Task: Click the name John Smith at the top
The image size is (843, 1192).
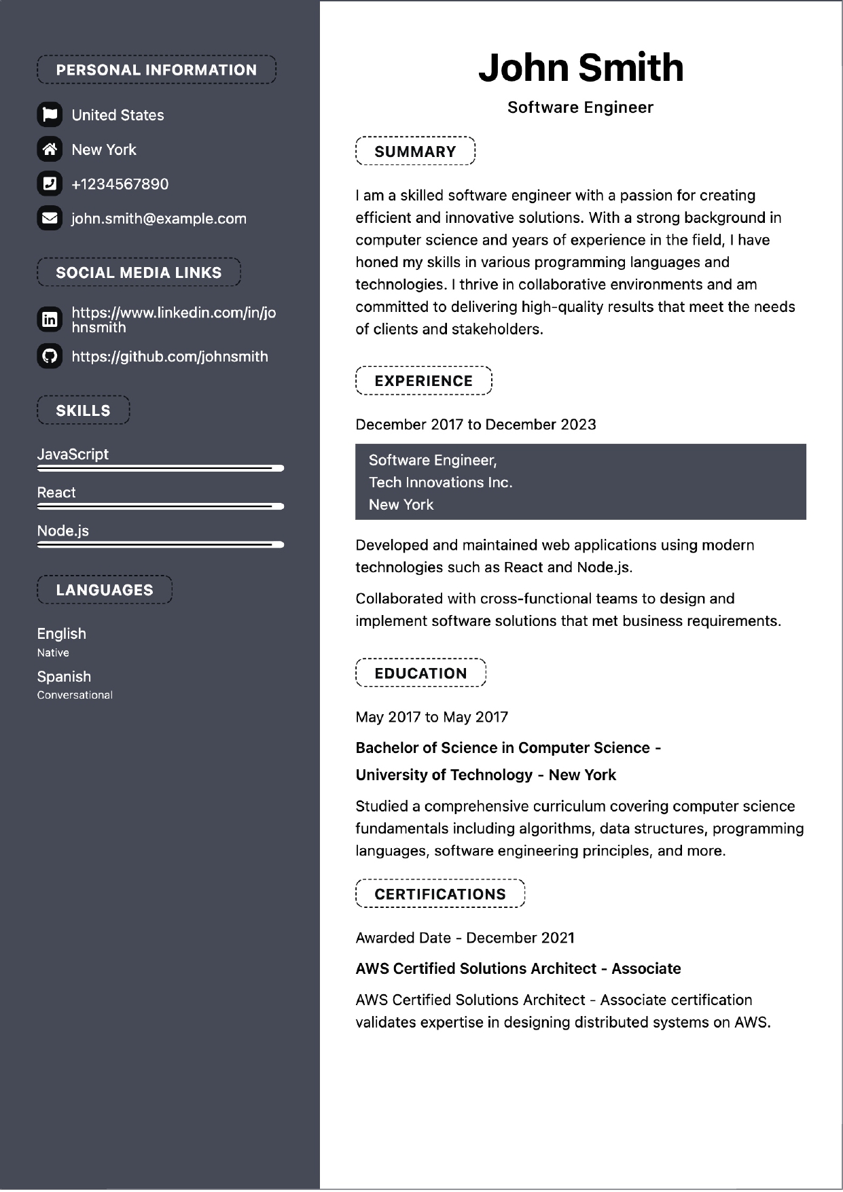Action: point(580,68)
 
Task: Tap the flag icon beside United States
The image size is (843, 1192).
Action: point(50,115)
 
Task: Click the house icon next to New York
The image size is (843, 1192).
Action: point(50,149)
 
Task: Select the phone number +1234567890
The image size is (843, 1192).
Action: point(120,184)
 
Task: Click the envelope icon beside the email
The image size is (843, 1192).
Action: point(50,218)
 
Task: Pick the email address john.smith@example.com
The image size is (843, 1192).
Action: point(159,219)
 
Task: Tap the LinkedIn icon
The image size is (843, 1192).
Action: point(50,319)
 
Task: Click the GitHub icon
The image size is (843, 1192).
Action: point(50,356)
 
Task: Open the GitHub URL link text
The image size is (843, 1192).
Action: point(170,357)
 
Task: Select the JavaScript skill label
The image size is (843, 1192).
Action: point(73,454)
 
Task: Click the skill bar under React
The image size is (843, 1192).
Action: point(160,506)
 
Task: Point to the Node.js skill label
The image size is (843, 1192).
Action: point(63,531)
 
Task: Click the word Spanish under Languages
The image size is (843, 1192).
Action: point(64,677)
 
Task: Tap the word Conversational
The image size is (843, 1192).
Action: point(75,695)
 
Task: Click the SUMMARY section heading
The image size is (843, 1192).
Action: point(415,152)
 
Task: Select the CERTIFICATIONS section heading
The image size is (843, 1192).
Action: point(440,894)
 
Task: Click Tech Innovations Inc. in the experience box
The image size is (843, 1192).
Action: point(441,483)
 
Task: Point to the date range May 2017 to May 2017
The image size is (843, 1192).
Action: point(432,717)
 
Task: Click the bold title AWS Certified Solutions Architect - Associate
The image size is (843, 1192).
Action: point(518,968)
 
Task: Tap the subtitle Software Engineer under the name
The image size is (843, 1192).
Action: point(580,107)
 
